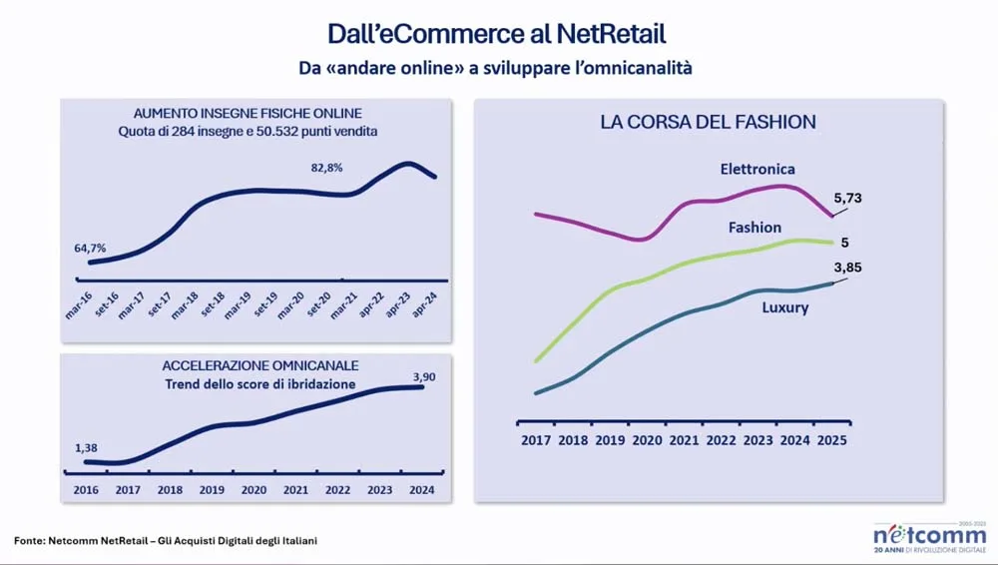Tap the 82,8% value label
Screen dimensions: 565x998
326,168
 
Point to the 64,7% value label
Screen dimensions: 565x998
90,248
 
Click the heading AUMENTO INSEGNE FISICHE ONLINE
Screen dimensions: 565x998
248,113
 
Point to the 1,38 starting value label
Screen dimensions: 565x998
87,449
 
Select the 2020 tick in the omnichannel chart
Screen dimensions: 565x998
253,490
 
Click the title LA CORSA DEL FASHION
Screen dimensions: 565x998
708,122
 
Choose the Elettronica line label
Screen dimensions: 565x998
757,169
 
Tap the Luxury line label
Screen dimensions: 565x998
785,307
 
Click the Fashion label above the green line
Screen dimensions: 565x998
754,228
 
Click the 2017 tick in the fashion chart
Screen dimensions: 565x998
536,440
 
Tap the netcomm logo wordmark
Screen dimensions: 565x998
928,535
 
